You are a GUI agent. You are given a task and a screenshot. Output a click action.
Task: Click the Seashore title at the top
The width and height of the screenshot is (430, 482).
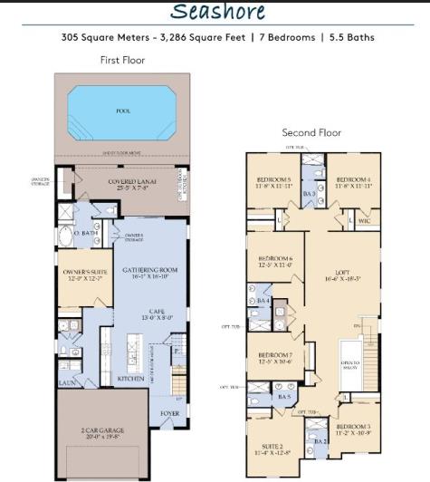point(217,12)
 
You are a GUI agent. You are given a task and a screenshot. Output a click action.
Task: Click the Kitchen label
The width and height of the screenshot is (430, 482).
point(130,379)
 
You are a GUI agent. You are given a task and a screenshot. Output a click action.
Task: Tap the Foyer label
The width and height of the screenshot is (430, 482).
point(169,412)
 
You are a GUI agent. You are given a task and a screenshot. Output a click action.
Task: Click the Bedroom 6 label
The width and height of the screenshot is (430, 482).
point(273,263)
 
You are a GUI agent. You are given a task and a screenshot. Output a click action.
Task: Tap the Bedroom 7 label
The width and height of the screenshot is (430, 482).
point(274,357)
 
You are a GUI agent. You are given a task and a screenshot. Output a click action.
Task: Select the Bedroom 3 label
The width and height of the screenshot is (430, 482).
point(354,429)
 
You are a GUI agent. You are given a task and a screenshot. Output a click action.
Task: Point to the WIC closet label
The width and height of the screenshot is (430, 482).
point(364,220)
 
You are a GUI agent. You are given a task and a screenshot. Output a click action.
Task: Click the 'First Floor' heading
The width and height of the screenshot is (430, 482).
point(121,60)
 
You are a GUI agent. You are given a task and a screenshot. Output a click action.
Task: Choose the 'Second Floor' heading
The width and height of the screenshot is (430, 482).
point(311,133)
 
